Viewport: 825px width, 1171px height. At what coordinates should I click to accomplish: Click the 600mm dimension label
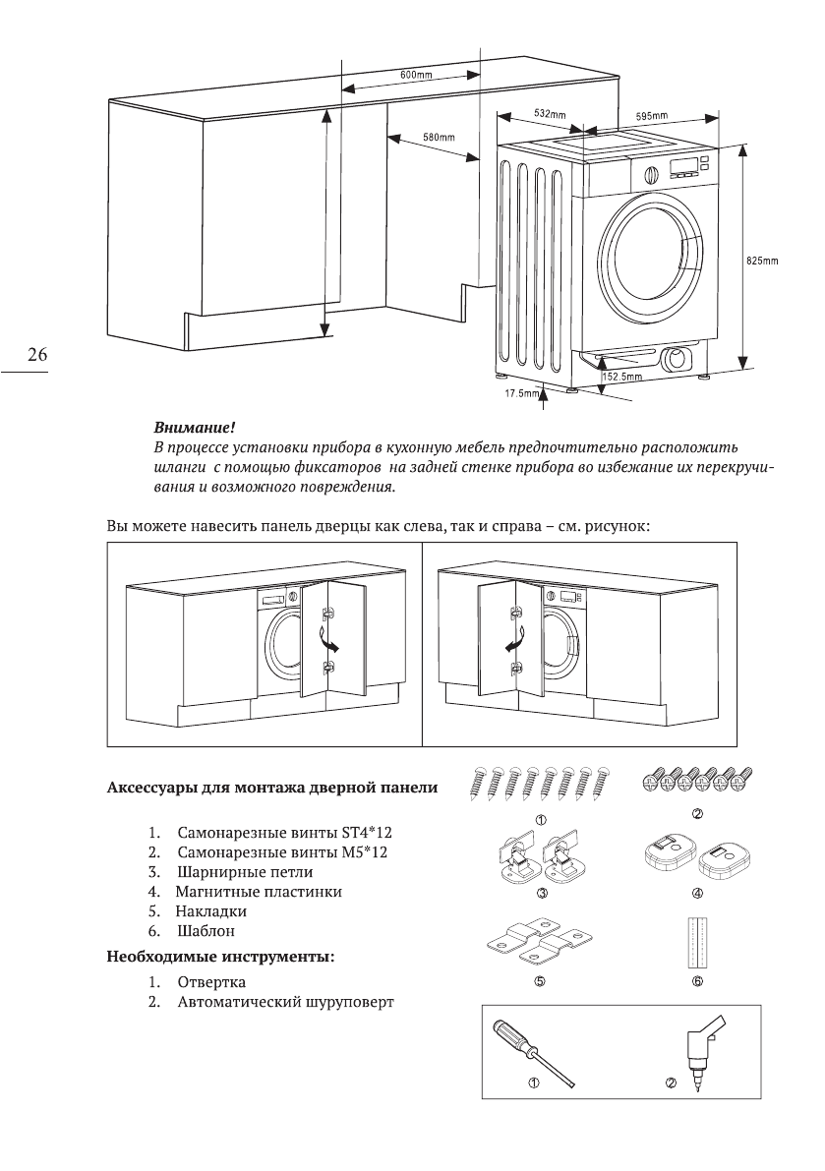tap(416, 75)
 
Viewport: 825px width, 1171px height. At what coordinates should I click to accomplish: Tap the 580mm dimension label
tap(438, 136)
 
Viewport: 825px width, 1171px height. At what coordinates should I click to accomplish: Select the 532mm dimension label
tap(550, 114)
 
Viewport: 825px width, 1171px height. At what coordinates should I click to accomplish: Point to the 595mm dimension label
tap(653, 115)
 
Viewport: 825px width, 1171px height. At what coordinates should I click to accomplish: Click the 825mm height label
tap(762, 261)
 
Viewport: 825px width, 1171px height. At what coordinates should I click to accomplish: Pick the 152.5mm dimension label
tap(621, 376)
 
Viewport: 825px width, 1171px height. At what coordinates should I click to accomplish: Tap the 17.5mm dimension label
tap(521, 394)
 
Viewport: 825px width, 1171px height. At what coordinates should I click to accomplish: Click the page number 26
tap(37, 354)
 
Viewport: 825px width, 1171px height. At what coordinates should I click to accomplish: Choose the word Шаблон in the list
tap(206, 930)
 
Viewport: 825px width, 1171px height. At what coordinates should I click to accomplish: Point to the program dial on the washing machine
tap(649, 172)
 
